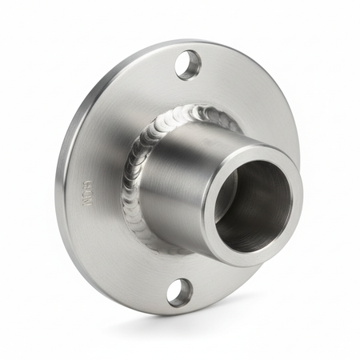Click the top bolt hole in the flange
(188, 64)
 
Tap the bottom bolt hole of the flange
(179, 292)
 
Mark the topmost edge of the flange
(184, 40)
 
